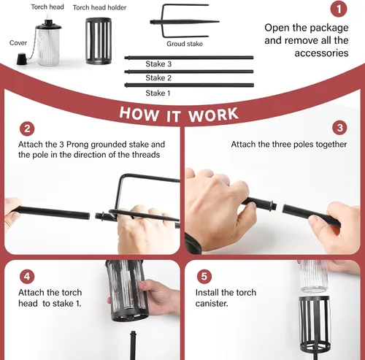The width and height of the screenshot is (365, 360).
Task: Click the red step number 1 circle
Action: tap(339, 9)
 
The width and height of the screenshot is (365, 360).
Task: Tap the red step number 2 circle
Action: tap(27, 129)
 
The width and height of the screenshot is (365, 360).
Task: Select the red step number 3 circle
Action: tap(340, 128)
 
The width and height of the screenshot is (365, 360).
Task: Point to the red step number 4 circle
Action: tap(27, 276)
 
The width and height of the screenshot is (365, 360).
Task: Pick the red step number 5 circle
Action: tap(204, 276)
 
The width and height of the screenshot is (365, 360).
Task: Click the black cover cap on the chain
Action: tap(22, 59)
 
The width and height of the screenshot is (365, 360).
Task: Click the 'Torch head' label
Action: tap(47, 7)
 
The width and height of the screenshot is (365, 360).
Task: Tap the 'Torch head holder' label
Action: tap(99, 7)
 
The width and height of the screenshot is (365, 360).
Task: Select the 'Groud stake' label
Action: tap(185, 44)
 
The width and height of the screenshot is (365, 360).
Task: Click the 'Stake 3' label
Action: tap(158, 64)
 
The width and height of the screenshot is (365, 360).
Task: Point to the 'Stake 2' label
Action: tap(158, 78)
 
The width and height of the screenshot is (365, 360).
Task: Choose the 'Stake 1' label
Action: tap(158, 93)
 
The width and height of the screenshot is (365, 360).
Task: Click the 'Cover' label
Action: tap(18, 43)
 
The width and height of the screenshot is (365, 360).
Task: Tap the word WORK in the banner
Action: tap(213, 115)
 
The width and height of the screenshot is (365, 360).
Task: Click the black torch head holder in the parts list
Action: tap(99, 41)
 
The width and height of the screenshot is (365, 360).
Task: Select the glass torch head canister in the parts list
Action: tap(48, 42)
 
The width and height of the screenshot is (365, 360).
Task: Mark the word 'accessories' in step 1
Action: tap(321, 53)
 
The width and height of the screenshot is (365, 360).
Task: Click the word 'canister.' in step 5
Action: tap(212, 304)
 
